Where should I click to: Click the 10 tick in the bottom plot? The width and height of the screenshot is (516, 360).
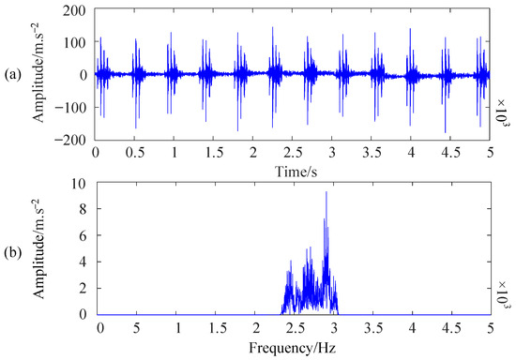[81, 183]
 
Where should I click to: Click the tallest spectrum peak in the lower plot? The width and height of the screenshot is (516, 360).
[326, 193]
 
